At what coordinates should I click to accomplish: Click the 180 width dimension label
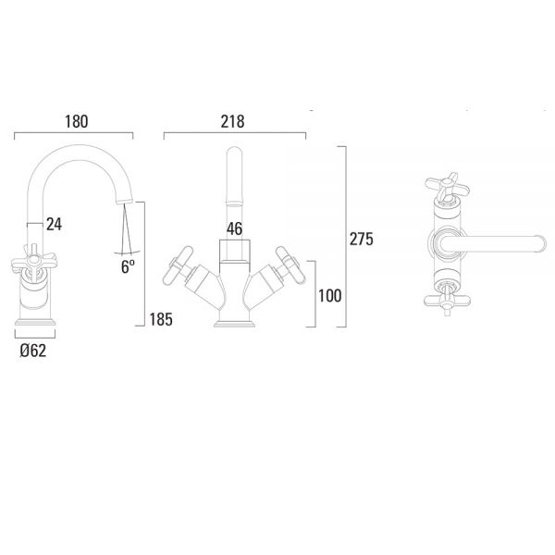76,121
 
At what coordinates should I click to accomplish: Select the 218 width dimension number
232,121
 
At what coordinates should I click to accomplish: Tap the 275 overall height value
362,239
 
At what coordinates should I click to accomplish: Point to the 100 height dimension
330,296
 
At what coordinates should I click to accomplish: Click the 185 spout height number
161,319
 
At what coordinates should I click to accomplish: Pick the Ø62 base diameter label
33,351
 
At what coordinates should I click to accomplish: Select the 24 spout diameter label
55,225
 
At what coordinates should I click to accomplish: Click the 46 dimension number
234,229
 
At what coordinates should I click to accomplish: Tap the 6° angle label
128,266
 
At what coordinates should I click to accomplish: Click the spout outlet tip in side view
124,201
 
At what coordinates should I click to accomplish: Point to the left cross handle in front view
179,265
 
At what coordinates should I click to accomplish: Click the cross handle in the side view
33,263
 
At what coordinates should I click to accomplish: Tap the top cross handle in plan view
447,186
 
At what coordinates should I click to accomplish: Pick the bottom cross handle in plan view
447,302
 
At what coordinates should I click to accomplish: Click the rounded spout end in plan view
540,244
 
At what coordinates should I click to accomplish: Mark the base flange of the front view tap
235,325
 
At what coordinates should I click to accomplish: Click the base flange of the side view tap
35,322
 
